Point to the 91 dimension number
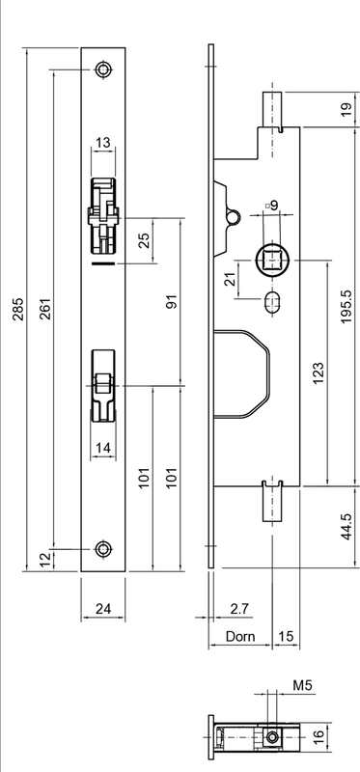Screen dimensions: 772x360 point(173,302)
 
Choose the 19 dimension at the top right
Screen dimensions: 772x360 point(346,109)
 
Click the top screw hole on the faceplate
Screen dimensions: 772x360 point(102,70)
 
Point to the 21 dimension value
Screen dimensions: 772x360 point(229,281)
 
